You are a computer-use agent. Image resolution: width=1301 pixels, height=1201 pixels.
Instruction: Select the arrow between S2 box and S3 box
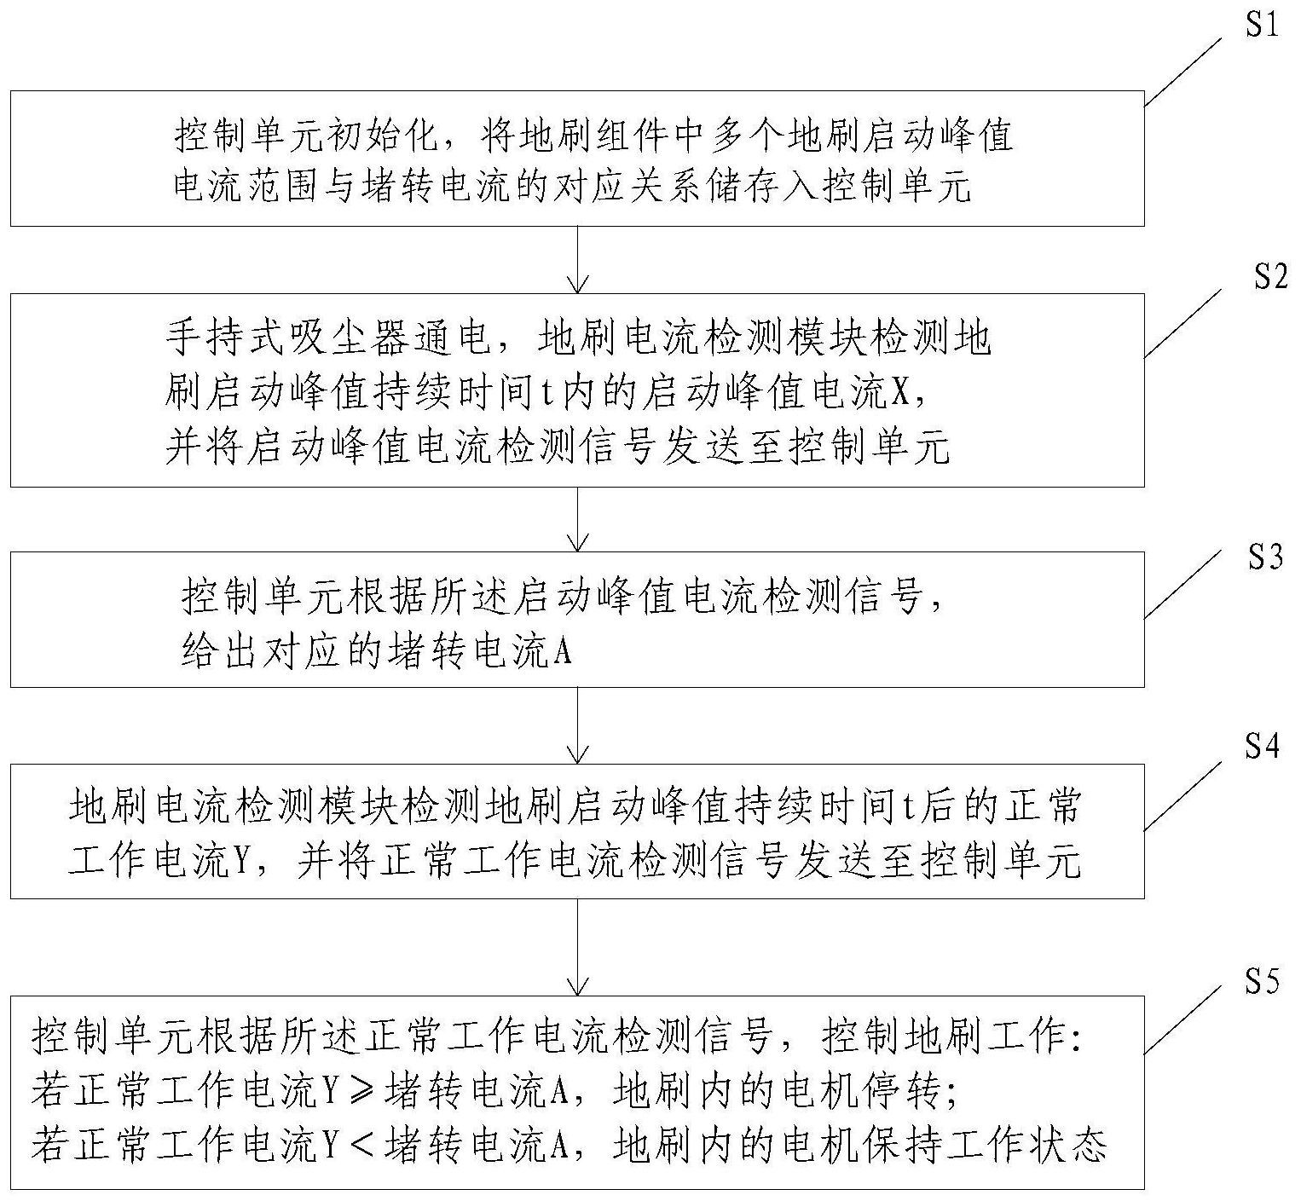[x=578, y=519]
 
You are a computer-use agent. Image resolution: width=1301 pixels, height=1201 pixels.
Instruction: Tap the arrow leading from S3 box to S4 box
[x=578, y=725]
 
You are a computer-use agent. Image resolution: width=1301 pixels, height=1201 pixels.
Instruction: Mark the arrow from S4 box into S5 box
[x=578, y=946]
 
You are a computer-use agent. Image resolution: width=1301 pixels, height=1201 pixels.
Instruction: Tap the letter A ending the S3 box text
[x=562, y=654]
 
